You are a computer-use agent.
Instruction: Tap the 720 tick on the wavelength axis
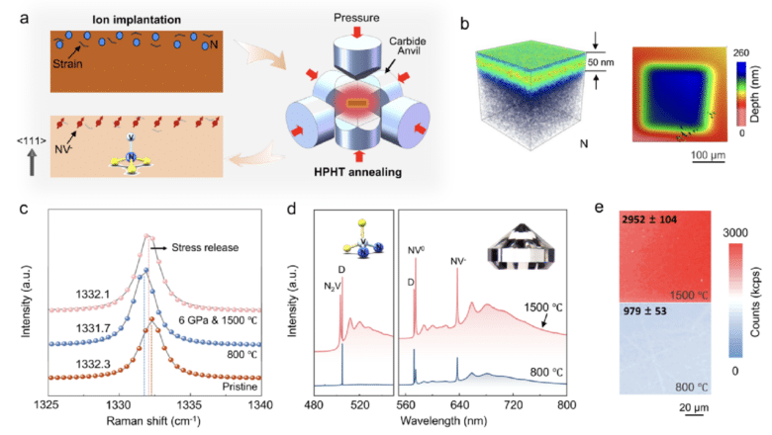[x=512, y=404]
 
